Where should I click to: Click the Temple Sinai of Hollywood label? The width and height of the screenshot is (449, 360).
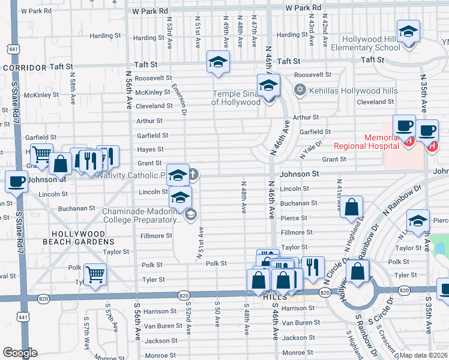[x=235, y=98]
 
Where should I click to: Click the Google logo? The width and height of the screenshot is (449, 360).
[x=20, y=353]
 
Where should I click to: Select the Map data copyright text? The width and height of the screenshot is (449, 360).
[x=423, y=355]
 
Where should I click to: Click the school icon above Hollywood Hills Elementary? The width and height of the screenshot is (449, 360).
[x=408, y=32]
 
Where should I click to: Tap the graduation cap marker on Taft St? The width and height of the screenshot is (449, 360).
[x=218, y=62]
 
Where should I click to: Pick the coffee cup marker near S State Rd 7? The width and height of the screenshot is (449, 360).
[x=17, y=181]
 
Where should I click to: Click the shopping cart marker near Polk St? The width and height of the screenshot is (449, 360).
[x=95, y=274]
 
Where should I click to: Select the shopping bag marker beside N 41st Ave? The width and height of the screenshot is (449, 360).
[x=353, y=206]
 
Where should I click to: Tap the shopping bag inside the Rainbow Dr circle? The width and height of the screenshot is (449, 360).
[x=358, y=270]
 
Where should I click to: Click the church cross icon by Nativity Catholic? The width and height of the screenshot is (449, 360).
[x=193, y=175]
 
